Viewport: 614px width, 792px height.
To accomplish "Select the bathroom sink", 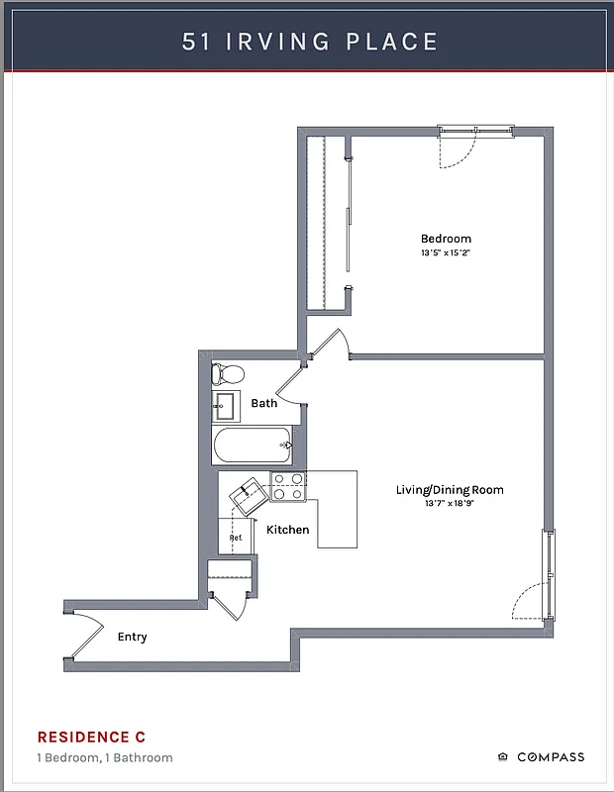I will (225, 406).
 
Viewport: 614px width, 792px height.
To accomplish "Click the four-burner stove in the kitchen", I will (288, 485).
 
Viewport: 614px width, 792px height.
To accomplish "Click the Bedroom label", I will (446, 239).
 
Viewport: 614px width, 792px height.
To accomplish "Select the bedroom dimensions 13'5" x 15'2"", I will (446, 253).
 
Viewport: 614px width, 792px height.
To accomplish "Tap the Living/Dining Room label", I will (450, 490).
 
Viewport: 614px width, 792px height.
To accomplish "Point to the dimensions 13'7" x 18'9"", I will (450, 504).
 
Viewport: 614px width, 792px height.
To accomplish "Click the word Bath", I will (263, 403).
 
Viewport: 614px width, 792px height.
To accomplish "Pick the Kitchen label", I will (287, 530).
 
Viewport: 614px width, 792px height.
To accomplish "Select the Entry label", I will (132, 637).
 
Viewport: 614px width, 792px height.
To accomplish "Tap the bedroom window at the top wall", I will (476, 131).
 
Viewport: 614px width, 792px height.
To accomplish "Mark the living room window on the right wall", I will (549, 574).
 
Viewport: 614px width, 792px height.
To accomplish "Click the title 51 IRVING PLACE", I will (309, 42).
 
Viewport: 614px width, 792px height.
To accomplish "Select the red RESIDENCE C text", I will (91, 737).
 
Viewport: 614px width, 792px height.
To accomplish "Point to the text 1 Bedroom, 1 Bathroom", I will (105, 758).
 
